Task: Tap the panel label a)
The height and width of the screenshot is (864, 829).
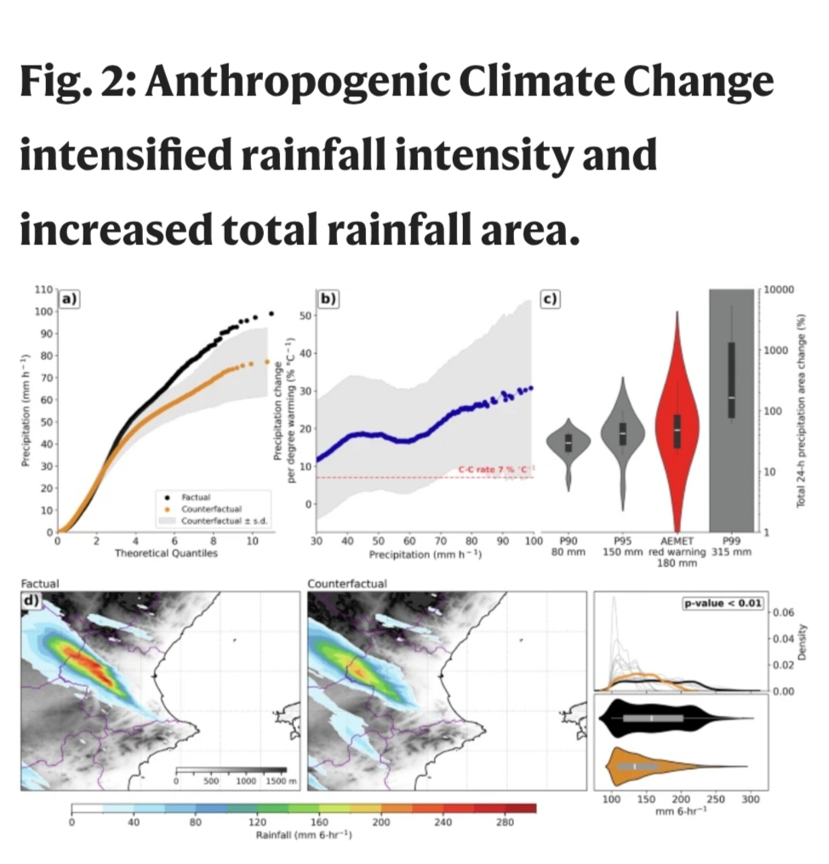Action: (69, 298)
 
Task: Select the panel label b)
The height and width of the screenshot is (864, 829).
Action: (327, 298)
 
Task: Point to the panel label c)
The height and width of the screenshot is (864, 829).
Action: (551, 298)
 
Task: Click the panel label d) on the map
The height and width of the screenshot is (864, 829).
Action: (30, 601)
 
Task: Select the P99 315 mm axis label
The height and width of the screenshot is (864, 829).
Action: (730, 546)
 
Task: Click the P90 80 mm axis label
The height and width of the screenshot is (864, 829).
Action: (568, 546)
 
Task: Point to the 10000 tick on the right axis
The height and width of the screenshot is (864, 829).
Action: (778, 290)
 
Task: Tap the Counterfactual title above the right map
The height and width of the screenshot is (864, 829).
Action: (346, 584)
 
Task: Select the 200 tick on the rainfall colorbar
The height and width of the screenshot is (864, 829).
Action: (381, 822)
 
